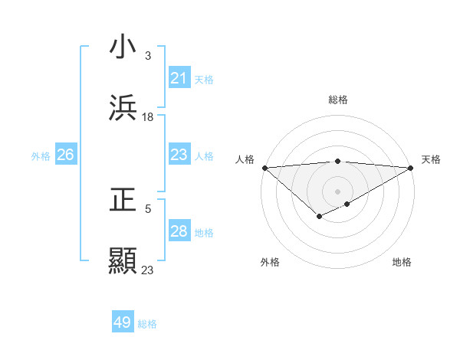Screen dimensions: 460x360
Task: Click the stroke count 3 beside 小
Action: click(x=147, y=56)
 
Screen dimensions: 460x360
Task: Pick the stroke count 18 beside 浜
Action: click(x=148, y=116)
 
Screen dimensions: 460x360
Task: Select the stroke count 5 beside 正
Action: click(x=147, y=208)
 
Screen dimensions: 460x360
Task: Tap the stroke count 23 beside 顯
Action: click(x=148, y=270)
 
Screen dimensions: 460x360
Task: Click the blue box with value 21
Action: click(x=179, y=78)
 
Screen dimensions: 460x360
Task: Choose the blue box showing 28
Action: click(x=179, y=231)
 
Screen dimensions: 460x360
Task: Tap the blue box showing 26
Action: click(x=65, y=155)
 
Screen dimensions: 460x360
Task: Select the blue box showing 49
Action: click(x=123, y=322)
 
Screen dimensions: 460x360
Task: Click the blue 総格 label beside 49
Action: click(x=147, y=324)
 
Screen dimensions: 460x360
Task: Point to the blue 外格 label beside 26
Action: click(x=41, y=155)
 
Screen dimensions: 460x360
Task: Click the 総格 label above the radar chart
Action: click(x=338, y=100)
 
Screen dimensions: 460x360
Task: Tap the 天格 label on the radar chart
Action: click(x=431, y=159)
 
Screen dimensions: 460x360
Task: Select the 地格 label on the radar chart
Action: click(x=402, y=262)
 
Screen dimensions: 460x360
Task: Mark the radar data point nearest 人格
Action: click(x=264, y=168)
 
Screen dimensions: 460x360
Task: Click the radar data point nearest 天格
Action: click(x=411, y=168)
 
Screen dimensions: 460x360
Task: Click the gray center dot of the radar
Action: click(x=337, y=191)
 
